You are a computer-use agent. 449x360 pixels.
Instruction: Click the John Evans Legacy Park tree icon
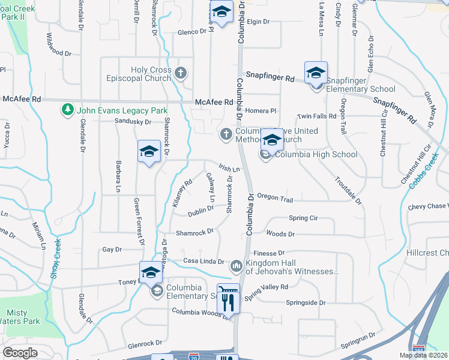67,110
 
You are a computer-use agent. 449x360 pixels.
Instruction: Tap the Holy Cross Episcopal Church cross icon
182,73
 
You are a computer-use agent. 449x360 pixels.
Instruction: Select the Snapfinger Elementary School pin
316,74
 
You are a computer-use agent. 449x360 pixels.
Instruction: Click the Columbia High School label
316,154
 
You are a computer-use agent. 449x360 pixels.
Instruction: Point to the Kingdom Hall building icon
236,265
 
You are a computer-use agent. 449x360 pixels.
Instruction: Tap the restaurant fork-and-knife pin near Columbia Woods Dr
228,298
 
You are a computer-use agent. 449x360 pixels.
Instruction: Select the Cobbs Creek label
424,172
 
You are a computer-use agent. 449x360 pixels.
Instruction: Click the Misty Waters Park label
22,317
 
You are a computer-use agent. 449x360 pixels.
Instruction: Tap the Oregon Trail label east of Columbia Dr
275,198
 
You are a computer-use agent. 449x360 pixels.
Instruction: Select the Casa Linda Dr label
203,262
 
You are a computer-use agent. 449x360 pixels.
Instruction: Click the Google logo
20,353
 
